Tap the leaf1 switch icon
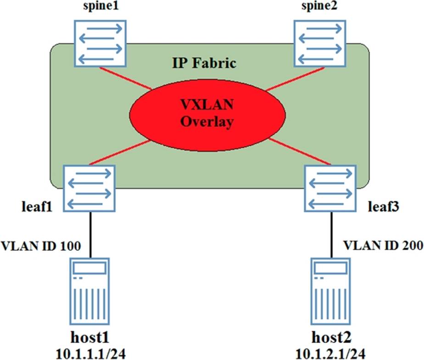point(89,188)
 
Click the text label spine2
point(320,8)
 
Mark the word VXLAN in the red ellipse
point(206,105)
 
